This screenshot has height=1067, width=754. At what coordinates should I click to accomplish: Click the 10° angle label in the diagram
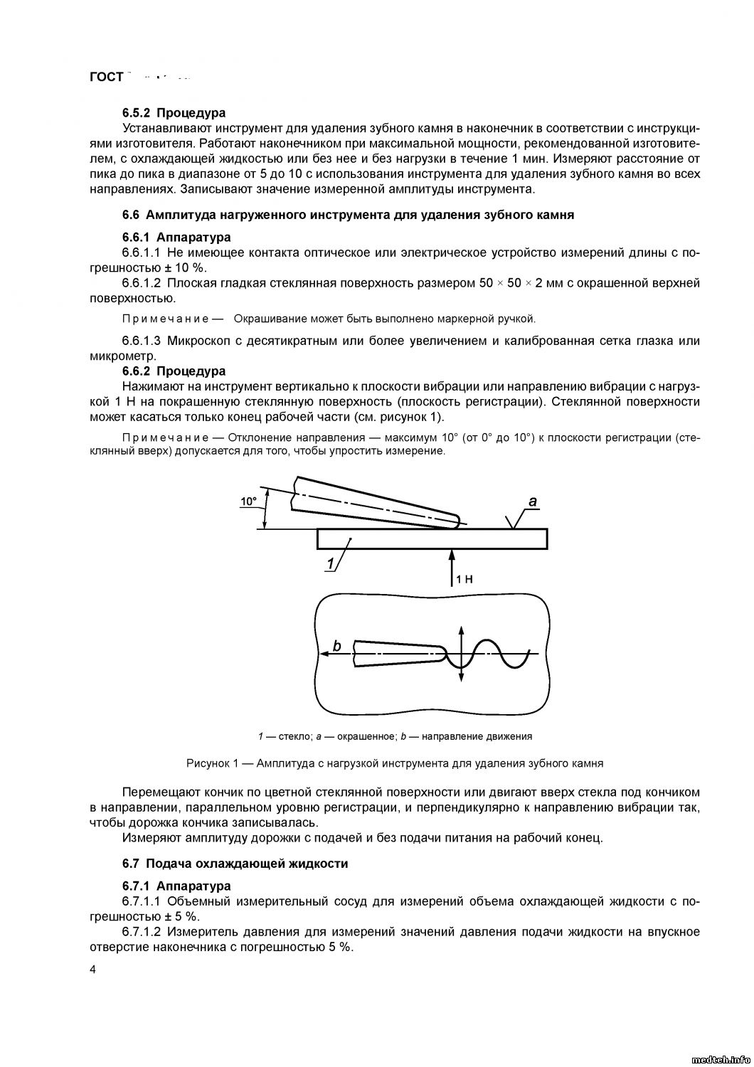coord(248,501)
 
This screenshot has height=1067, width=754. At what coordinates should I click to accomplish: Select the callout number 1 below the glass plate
coord(331,564)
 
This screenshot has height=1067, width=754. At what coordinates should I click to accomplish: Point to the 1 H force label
coord(464,580)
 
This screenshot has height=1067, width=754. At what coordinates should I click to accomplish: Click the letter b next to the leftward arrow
coord(337,646)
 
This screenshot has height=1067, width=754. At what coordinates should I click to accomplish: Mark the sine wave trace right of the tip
coord(498,653)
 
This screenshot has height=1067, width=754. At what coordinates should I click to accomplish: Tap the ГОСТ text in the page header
coord(107,77)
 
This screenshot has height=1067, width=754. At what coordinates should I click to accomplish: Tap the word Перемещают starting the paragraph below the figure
coord(161,792)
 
